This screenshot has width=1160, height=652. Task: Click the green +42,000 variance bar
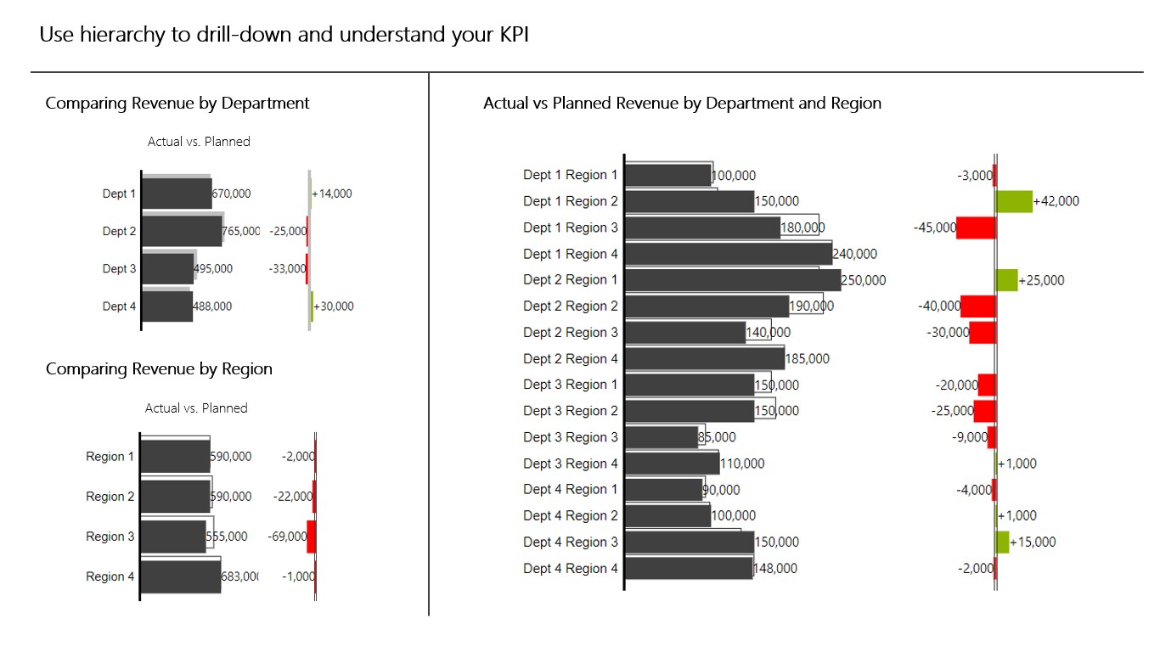pos(1014,201)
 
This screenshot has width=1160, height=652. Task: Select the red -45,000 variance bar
pos(976,228)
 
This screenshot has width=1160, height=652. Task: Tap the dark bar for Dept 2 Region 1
pos(733,280)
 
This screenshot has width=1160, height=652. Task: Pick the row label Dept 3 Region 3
pos(571,437)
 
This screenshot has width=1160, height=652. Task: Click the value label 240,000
pos(855,254)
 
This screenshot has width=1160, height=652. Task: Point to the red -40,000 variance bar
pos(977,306)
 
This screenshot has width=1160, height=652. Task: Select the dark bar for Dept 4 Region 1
pos(664,490)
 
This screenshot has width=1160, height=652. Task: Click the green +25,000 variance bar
pos(1006,280)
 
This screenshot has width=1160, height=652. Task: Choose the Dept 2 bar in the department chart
pos(182,231)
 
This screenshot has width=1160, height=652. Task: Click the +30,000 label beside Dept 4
pos(334,306)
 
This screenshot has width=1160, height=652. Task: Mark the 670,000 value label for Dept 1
pos(231,194)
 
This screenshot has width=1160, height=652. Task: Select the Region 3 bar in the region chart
pos(173,537)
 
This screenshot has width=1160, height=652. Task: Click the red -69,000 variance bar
pos(311,537)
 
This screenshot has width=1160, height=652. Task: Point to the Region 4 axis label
pos(110,576)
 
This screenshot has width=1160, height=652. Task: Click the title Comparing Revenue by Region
pos(159,369)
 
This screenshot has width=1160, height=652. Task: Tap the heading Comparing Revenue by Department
pos(177,104)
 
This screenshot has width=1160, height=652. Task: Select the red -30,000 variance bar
pos(982,333)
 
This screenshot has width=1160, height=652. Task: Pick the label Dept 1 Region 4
pos(571,254)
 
